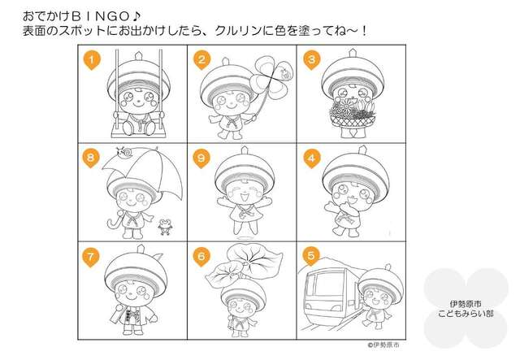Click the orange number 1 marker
[91, 61]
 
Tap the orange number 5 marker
[310, 256]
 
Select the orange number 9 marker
[201, 158]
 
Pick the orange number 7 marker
[90, 258]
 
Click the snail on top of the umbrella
[123, 152]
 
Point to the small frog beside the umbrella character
[164, 227]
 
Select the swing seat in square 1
[137, 133]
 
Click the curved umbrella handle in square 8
[114, 223]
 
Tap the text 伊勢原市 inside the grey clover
[466, 304]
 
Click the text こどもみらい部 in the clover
[466, 314]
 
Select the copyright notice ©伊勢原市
[383, 345]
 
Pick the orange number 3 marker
[311, 60]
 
